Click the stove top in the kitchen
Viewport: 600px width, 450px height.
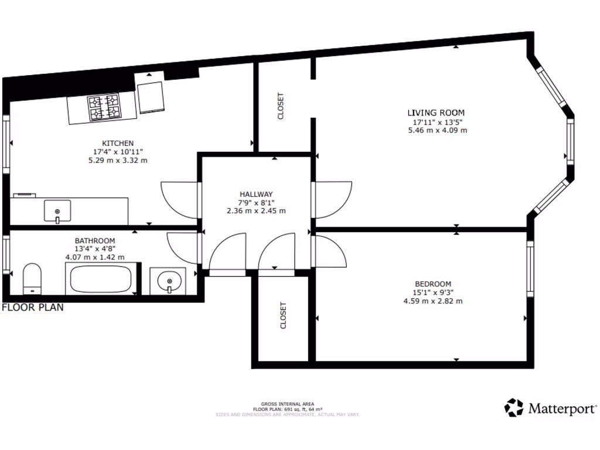pyautogui.click(x=104, y=108)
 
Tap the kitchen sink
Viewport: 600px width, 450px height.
pyautogui.click(x=57, y=211)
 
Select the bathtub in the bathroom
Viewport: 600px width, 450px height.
pyautogui.click(x=100, y=278)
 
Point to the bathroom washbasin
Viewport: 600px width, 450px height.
pyautogui.click(x=171, y=281)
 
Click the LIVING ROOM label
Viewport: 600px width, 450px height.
pyautogui.click(x=436, y=112)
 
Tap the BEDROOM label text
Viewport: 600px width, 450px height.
pyautogui.click(x=432, y=284)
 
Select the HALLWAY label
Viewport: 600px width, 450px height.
pyautogui.click(x=256, y=194)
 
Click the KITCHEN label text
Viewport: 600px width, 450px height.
pyautogui.click(x=118, y=143)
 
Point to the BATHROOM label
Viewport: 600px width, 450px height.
pyautogui.click(x=94, y=240)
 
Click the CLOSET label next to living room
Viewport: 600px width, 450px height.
pyautogui.click(x=281, y=106)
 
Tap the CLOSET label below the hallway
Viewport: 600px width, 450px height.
pyautogui.click(x=284, y=315)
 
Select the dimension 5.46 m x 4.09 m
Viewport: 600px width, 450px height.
pyautogui.click(x=437, y=130)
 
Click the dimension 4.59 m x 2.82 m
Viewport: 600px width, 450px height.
pyautogui.click(x=432, y=301)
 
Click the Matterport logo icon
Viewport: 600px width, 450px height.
pyautogui.click(x=514, y=407)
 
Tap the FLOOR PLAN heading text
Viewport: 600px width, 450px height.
pyautogui.click(x=33, y=307)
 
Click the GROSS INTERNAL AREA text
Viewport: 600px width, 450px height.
pyautogui.click(x=287, y=404)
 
